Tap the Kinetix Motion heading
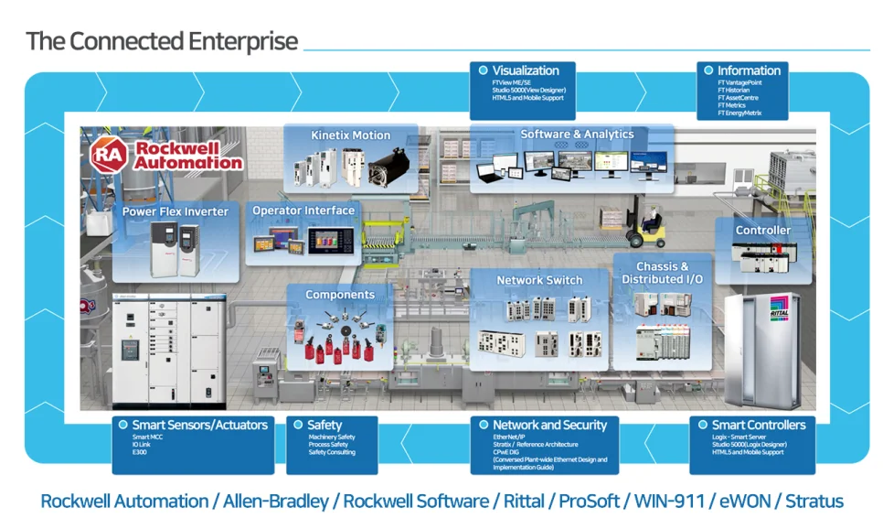[x=350, y=135]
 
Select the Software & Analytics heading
[x=577, y=135]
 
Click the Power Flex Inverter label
[x=176, y=211]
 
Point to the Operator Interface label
[x=303, y=211]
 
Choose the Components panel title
[x=340, y=295]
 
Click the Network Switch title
[x=539, y=280]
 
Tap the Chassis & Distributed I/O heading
[x=663, y=273]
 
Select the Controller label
[x=763, y=231]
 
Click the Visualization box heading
[x=526, y=70]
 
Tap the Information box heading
[x=749, y=70]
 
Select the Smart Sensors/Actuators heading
[x=200, y=425]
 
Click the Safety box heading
[x=324, y=425]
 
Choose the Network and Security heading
[x=549, y=425]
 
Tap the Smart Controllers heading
[x=759, y=425]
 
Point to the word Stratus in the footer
[x=814, y=502]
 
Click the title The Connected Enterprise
[x=162, y=41]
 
